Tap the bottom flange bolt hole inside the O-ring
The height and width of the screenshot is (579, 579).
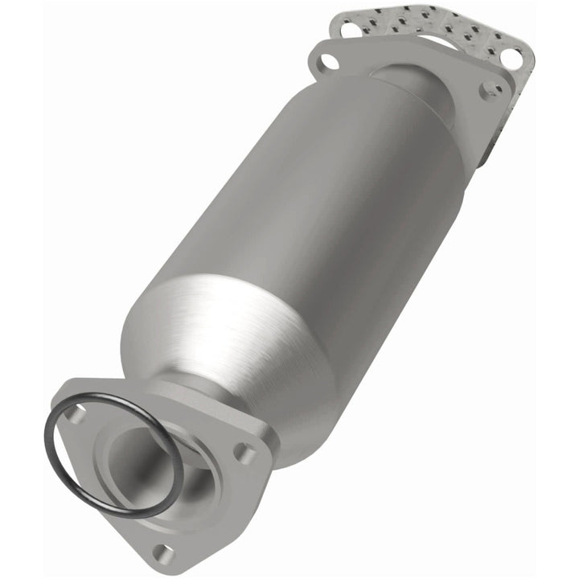(75, 415)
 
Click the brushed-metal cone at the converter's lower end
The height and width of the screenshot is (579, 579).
(217, 338)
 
